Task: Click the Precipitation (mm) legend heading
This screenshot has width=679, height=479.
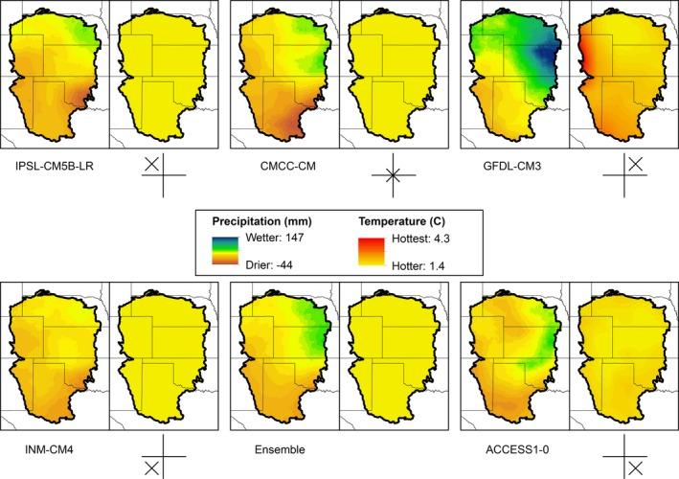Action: (257, 218)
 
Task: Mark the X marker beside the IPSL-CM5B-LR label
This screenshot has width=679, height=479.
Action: (151, 165)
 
